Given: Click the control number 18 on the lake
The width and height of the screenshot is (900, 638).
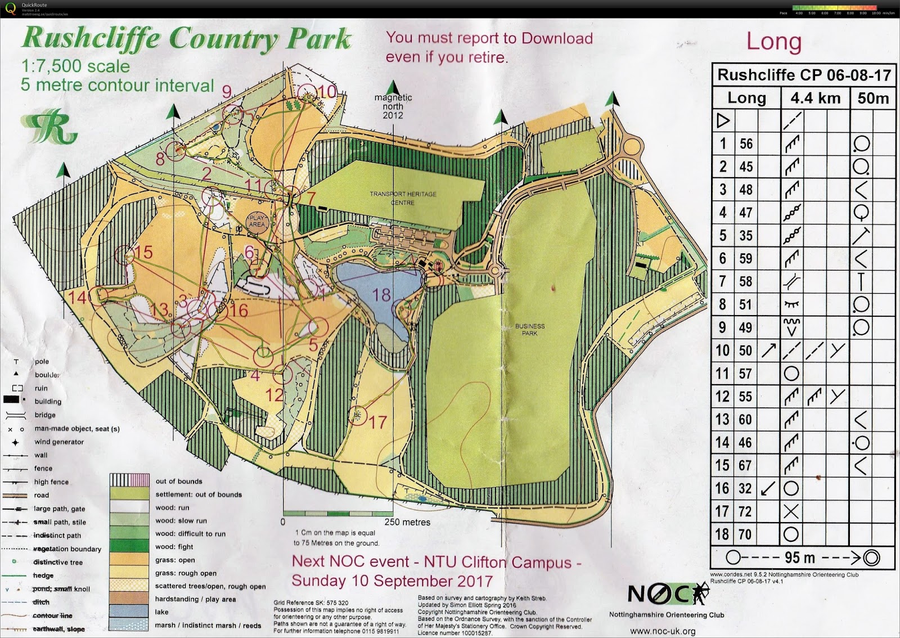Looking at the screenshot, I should [x=381, y=295].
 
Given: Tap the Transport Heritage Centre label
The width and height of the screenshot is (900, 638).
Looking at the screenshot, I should [x=403, y=198].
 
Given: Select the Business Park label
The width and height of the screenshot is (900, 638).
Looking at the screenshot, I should [x=529, y=330].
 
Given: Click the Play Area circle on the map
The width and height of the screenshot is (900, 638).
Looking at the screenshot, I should [x=256, y=221].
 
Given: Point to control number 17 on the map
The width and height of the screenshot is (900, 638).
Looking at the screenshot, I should [x=377, y=422].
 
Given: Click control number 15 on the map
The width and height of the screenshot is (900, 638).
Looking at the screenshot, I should [x=143, y=252].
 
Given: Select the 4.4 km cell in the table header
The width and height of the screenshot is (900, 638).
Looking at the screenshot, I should [x=815, y=98].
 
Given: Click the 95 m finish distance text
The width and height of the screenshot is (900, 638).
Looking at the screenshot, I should [x=799, y=558].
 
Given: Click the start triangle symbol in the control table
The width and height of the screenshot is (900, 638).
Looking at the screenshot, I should [x=723, y=120].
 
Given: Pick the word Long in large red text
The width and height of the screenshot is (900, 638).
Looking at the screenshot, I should [x=773, y=42].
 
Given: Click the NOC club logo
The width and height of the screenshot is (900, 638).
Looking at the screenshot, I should [x=667, y=594].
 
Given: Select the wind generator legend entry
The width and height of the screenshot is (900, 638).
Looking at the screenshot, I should [x=58, y=442].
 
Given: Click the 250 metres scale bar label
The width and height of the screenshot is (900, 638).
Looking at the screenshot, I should [x=407, y=522].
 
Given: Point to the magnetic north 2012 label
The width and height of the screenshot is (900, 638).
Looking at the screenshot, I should [x=393, y=106].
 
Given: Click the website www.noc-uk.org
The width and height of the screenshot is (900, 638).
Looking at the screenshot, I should [x=662, y=631].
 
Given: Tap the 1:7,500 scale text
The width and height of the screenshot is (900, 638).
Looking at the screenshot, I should [x=75, y=66].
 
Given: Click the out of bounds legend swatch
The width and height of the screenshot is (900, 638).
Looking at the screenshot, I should [x=129, y=480].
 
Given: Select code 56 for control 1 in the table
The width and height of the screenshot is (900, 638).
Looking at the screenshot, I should [x=746, y=144].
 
